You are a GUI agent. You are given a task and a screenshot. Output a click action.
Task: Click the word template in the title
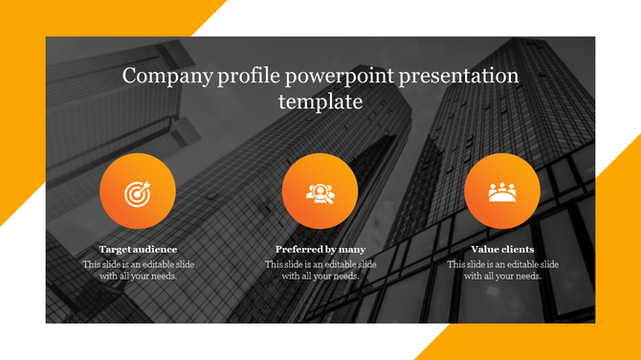pyautogui.click(x=320, y=101)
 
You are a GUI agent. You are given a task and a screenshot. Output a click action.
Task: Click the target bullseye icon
pyautogui.click(x=138, y=193)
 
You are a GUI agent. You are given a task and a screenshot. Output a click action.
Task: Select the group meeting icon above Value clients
pyautogui.click(x=502, y=192)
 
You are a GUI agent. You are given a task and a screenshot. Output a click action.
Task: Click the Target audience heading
pyautogui.click(x=138, y=249)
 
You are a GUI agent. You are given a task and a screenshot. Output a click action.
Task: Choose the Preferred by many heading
pyautogui.click(x=320, y=249)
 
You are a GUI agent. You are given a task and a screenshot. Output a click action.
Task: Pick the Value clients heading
pyautogui.click(x=502, y=249)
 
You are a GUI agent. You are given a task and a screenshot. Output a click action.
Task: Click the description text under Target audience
pyautogui.click(x=138, y=270)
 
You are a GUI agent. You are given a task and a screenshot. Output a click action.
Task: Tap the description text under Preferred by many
pyautogui.click(x=320, y=270)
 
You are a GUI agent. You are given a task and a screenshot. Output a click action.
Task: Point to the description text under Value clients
pyautogui.click(x=502, y=270)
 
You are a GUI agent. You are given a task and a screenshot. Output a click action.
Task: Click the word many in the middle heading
pyautogui.click(x=350, y=249)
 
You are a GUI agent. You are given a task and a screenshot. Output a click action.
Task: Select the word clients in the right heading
pyautogui.click(x=517, y=249)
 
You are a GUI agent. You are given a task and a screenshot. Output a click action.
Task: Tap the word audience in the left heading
pyautogui.click(x=155, y=249)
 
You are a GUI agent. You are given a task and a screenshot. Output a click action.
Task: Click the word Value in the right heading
pyautogui.click(x=484, y=249)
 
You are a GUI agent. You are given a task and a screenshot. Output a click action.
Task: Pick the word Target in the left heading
pyautogui.click(x=115, y=249)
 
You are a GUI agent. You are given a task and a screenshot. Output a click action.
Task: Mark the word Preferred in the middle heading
pyautogui.click(x=298, y=249)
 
